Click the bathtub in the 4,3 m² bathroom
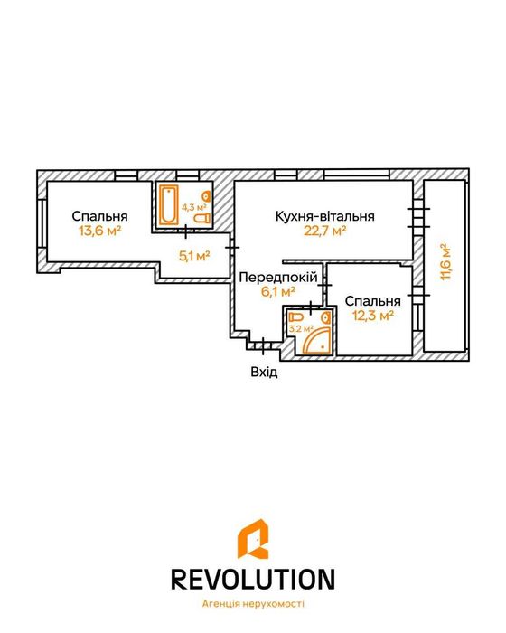[168, 204]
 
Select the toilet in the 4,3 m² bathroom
[202, 218]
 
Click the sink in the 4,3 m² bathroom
[207, 196]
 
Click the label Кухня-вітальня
[324, 216]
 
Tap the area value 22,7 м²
[324, 231]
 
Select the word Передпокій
[278, 278]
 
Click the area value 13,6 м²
[100, 231]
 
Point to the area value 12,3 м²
[373, 316]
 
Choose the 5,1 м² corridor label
[194, 256]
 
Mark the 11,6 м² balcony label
[445, 262]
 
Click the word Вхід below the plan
[265, 372]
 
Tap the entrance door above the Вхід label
[263, 346]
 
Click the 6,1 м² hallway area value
[278, 291]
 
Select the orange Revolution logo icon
[253, 539]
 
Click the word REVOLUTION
[253, 579]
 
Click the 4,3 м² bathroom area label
[194, 207]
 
